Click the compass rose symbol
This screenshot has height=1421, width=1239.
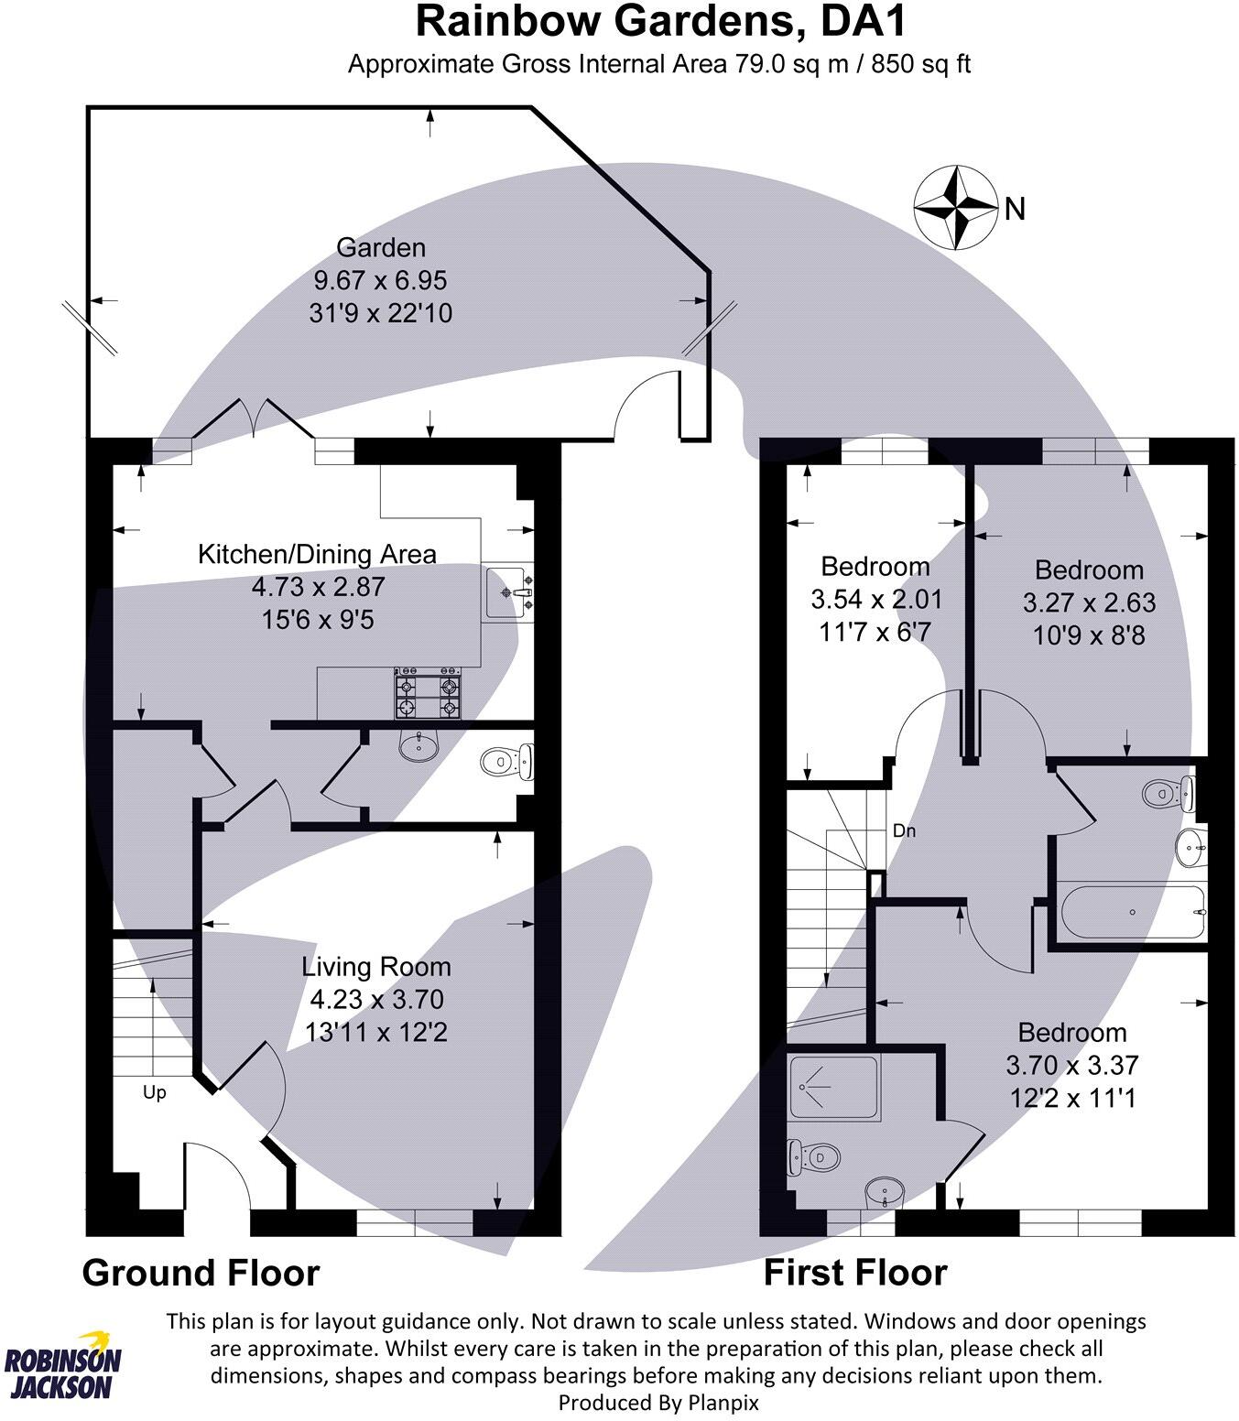pyautogui.click(x=955, y=207)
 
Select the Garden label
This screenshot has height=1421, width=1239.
pyautogui.click(x=381, y=248)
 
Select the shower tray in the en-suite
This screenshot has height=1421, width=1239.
pyautogui.click(x=833, y=1087)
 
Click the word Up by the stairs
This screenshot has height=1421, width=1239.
pyautogui.click(x=155, y=1092)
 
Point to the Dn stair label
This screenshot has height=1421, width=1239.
pyautogui.click(x=904, y=831)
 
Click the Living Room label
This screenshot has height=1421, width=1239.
pyautogui.click(x=376, y=967)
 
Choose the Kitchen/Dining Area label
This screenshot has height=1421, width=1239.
pyautogui.click(x=317, y=554)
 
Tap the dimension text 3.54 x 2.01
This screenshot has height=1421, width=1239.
pyautogui.click(x=876, y=600)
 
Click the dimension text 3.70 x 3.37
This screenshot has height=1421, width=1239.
pyautogui.click(x=1071, y=1065)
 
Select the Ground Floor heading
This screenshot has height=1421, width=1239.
pyautogui.click(x=201, y=1273)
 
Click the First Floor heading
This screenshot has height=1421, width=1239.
pyautogui.click(x=855, y=1273)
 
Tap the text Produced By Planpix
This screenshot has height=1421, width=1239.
pyautogui.click(x=658, y=1402)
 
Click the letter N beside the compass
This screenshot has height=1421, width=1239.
pyautogui.click(x=1015, y=210)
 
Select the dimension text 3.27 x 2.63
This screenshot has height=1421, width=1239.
pyautogui.click(x=1089, y=602)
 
